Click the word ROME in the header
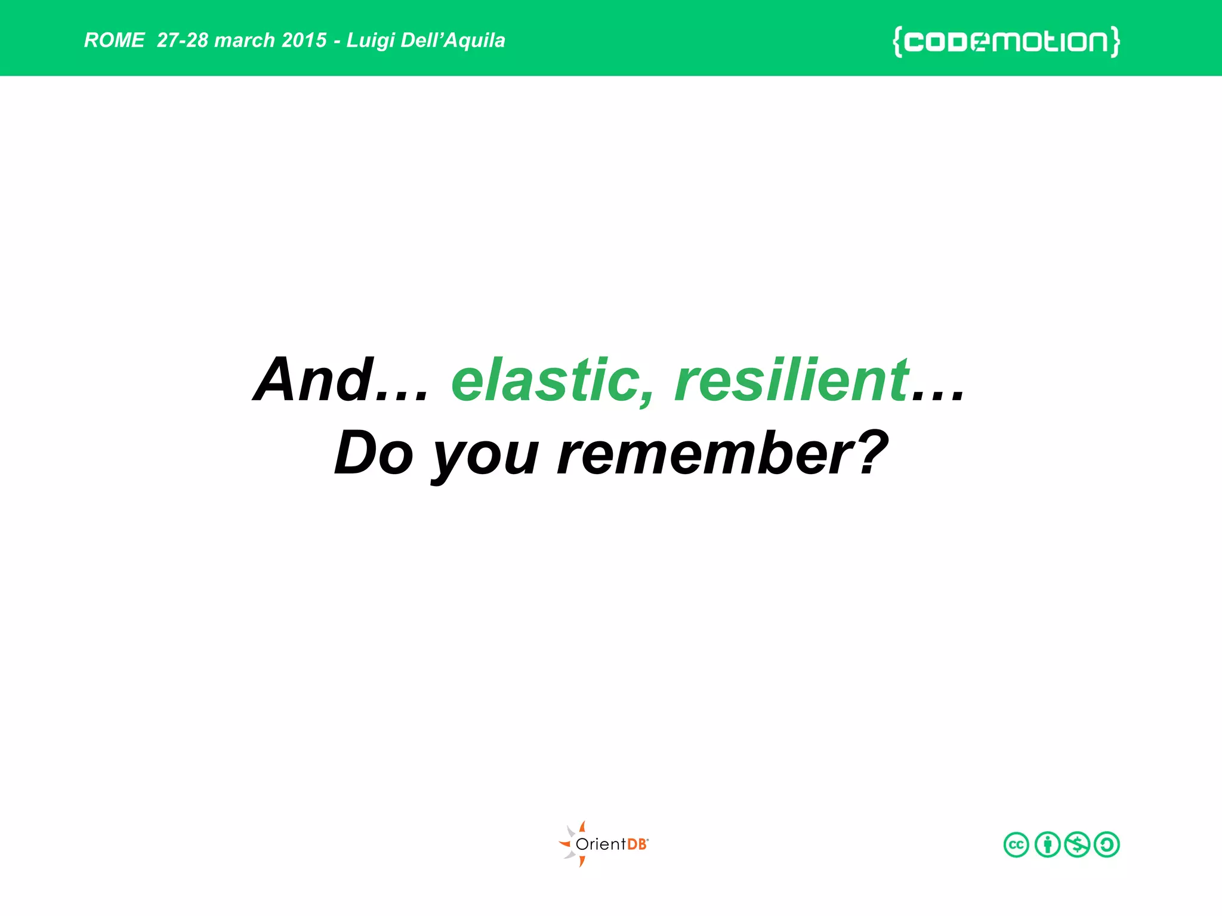pos(114,41)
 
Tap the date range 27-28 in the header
pos(182,41)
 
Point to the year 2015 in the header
pos(304,41)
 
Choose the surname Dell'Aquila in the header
pos(453,41)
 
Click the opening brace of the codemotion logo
pos(897,42)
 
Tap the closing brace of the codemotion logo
pos(1115,42)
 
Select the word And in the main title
pos(314,380)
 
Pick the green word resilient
pos(791,380)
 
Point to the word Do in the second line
pos(374,453)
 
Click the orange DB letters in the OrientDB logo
pos(637,844)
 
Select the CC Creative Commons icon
pos(1016,844)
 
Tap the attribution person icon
pos(1047,844)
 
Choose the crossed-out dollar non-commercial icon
pos(1077,844)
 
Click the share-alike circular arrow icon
pos(1107,844)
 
